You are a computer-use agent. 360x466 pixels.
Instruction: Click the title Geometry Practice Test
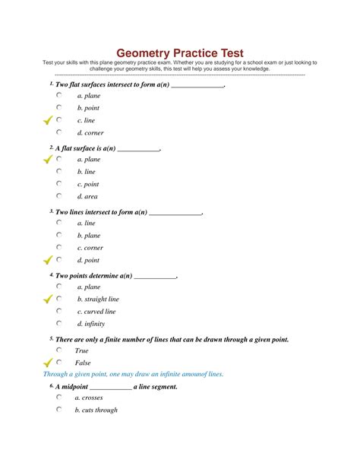180,53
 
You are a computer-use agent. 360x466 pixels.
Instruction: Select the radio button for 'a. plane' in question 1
59,96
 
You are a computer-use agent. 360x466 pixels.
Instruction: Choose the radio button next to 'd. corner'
59,132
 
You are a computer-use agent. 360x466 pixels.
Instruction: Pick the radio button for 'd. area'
59,196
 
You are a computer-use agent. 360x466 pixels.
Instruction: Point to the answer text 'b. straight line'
98,300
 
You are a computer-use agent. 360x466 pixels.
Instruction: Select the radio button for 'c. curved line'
59,311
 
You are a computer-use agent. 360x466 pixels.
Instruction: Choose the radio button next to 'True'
59,350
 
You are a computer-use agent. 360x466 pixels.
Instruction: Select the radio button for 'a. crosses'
59,398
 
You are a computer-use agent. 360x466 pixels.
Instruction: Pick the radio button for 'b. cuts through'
59,410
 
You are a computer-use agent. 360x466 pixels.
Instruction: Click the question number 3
51,211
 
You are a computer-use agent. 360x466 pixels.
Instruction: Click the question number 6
51,385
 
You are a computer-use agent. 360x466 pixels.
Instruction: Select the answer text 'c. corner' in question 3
90,248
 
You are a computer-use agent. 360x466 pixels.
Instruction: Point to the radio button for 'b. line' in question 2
59,172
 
